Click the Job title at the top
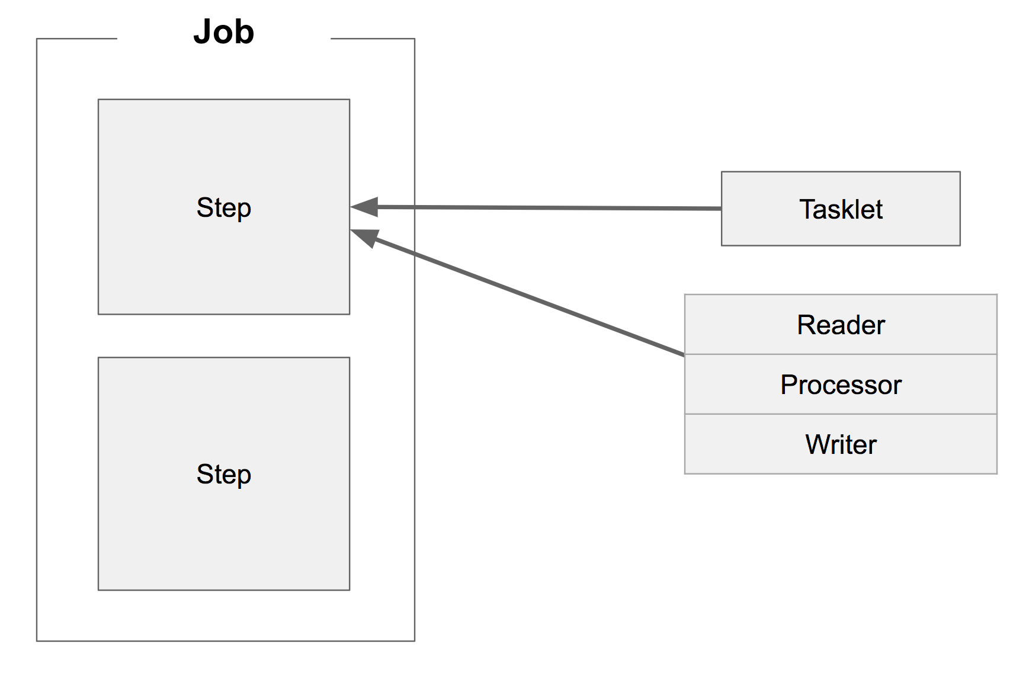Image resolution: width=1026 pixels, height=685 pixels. [x=224, y=32]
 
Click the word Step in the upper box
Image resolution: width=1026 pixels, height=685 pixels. [x=224, y=208]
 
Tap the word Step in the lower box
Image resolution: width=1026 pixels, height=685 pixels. [x=224, y=475]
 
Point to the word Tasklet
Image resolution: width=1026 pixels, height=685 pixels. [x=841, y=209]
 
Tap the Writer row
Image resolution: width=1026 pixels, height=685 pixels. [x=740, y=444]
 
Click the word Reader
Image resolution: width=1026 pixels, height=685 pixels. [x=841, y=325]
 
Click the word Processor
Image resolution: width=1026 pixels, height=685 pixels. [x=841, y=385]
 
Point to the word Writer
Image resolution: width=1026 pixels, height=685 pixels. [x=841, y=444]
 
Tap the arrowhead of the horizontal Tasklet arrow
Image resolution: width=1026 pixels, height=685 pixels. [x=365, y=206]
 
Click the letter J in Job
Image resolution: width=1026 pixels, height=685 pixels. [x=203, y=32]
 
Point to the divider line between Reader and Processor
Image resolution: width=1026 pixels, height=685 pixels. [x=841, y=354]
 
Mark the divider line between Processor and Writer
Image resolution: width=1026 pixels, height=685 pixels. [x=841, y=414]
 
